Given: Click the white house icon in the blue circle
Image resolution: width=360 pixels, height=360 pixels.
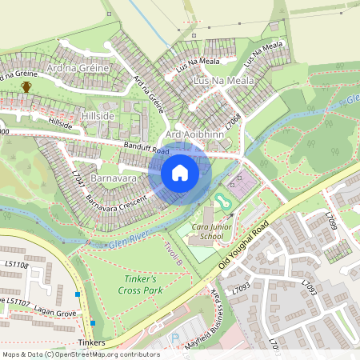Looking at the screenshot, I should coord(180,173).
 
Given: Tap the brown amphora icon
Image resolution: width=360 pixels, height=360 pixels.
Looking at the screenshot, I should coord(26,86).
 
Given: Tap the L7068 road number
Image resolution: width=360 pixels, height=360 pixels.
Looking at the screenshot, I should coord(233,122).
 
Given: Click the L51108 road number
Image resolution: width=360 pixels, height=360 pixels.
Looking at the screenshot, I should coord(15,265).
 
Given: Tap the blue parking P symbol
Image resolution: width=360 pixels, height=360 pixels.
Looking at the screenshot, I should coord(174,338).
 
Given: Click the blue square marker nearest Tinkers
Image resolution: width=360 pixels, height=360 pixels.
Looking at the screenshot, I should coord(93,322).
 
